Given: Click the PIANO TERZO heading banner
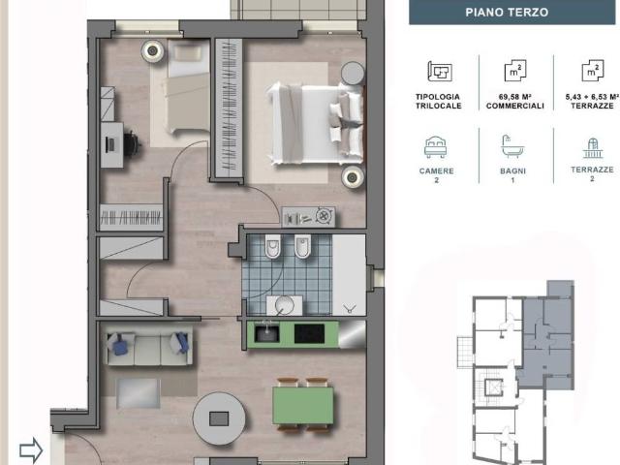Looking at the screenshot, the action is (512, 12).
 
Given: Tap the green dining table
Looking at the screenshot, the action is (303, 405).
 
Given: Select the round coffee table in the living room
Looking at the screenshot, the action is (219, 418).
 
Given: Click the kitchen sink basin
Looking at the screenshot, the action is (266, 334).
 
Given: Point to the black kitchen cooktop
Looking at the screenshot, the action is (310, 333).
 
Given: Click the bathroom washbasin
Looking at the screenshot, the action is (284, 305).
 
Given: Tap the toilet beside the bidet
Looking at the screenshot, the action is (273, 246).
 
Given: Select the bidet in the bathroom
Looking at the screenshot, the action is (302, 246).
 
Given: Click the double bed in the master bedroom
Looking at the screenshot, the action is (315, 123).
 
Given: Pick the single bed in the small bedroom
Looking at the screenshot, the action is (189, 87).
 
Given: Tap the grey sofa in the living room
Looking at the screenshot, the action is (148, 345).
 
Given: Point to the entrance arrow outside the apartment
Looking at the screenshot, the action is (31, 449).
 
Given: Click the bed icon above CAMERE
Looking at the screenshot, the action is (435, 147).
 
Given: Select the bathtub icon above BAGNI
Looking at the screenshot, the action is (512, 146).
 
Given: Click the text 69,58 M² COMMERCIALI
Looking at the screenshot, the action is (514, 102).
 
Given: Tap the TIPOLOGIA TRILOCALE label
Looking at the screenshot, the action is (438, 101).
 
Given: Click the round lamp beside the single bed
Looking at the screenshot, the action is (152, 51).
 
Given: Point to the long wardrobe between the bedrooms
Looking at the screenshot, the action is (229, 108).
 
